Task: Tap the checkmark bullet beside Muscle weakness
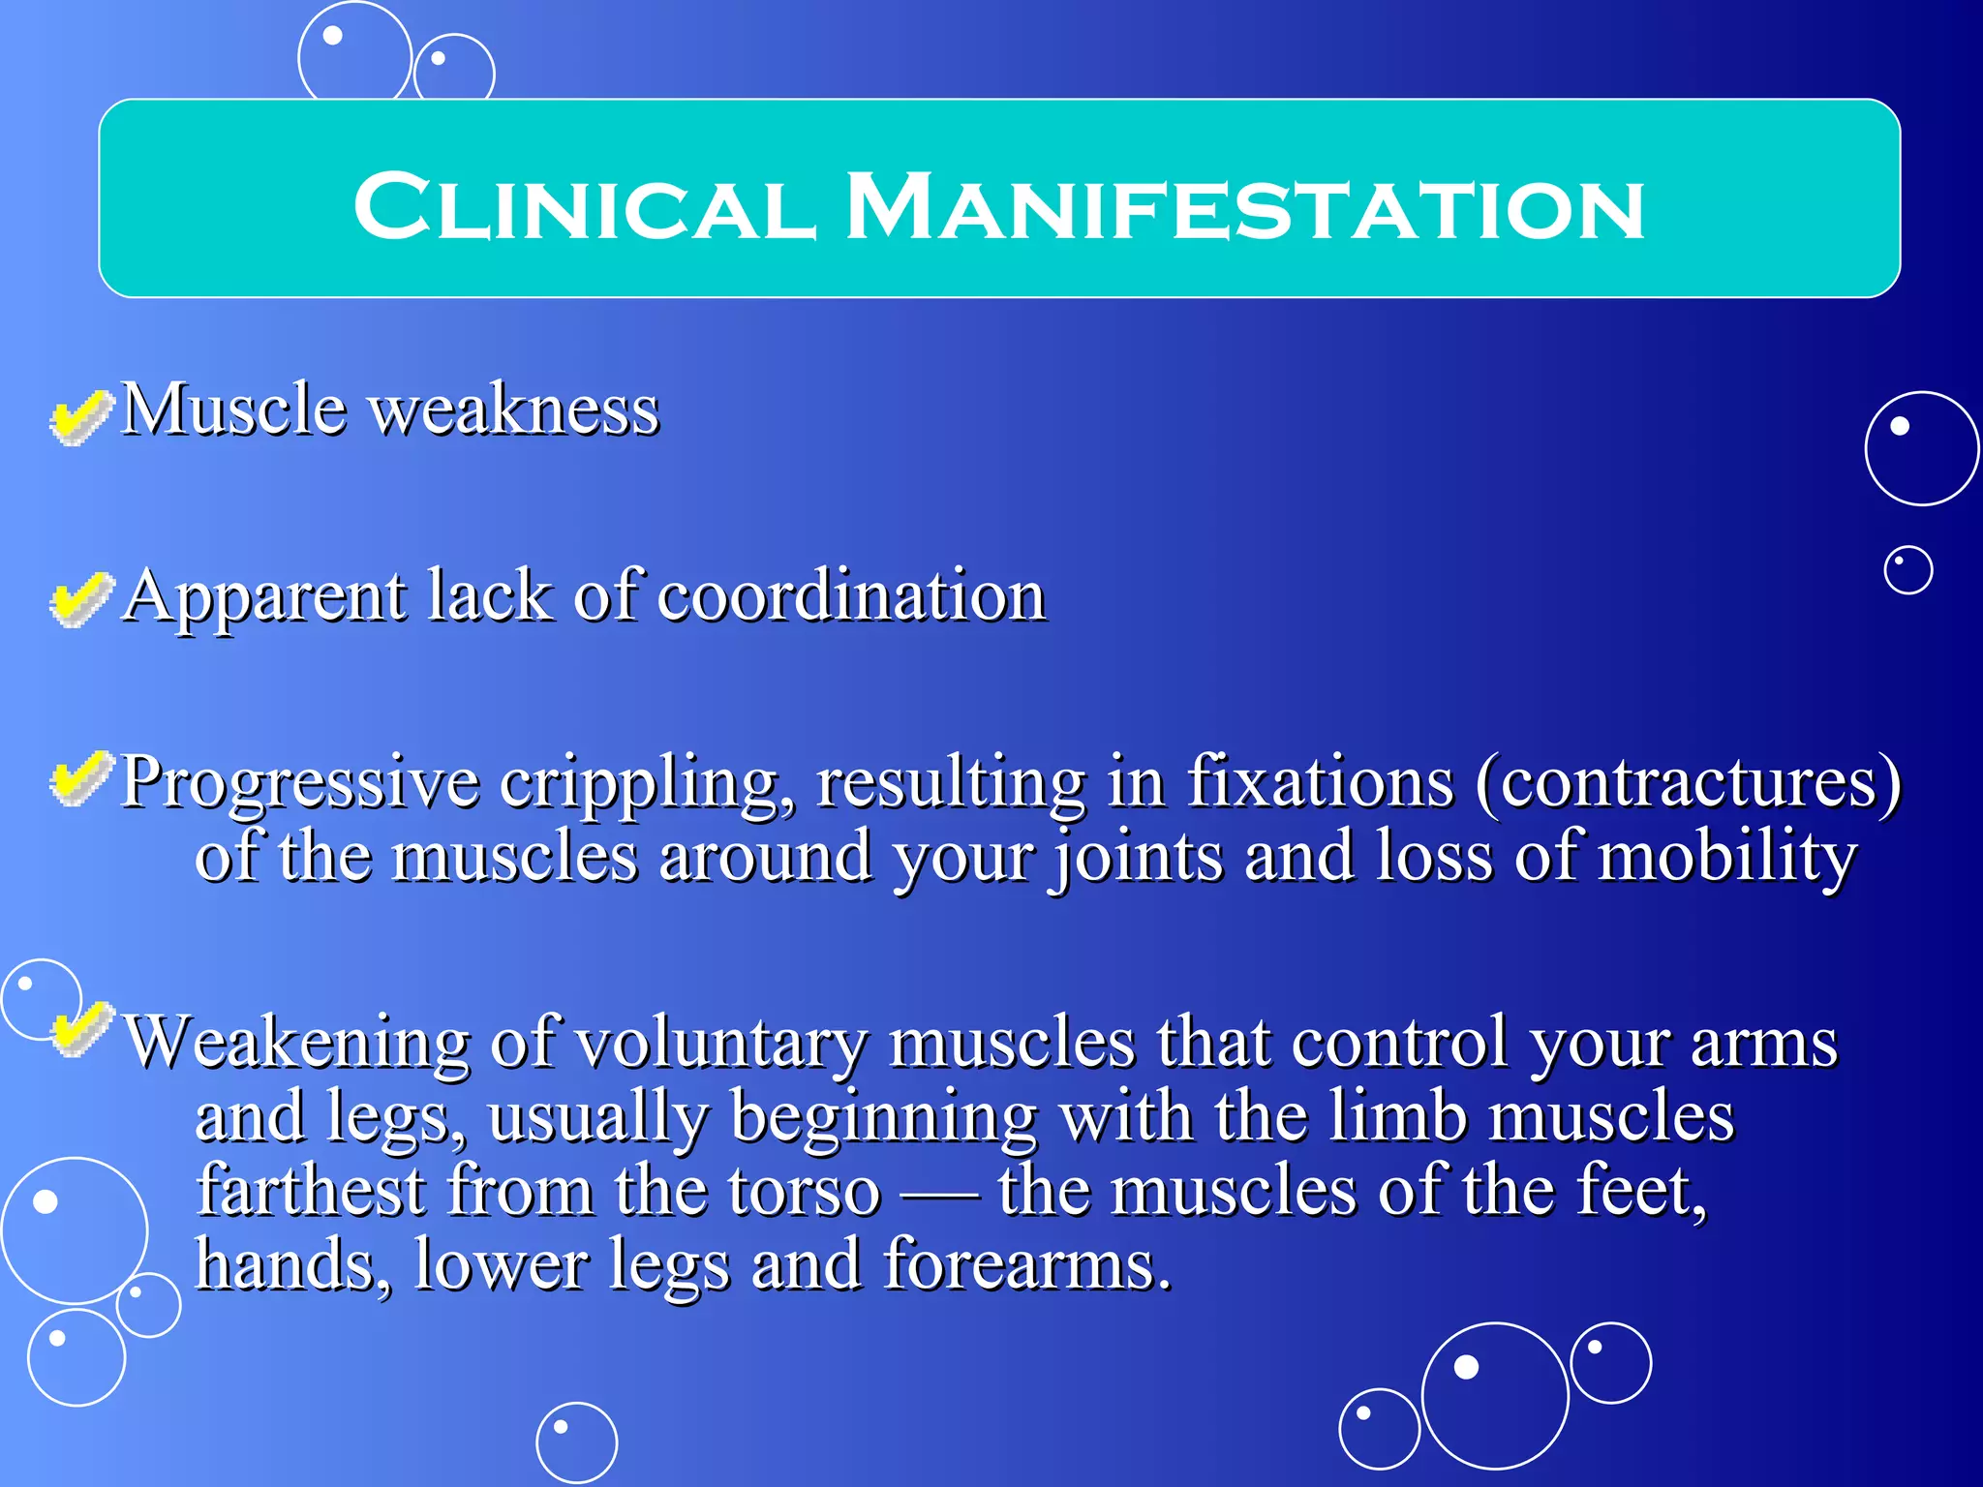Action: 80,417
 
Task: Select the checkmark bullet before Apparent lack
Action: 80,599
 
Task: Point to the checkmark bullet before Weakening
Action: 80,1030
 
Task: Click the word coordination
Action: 851,595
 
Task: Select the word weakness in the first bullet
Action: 515,410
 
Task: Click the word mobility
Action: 1726,857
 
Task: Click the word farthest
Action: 311,1191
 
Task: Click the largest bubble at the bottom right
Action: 1494,1395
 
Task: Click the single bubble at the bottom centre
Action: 576,1442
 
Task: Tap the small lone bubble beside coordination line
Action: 1907,570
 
